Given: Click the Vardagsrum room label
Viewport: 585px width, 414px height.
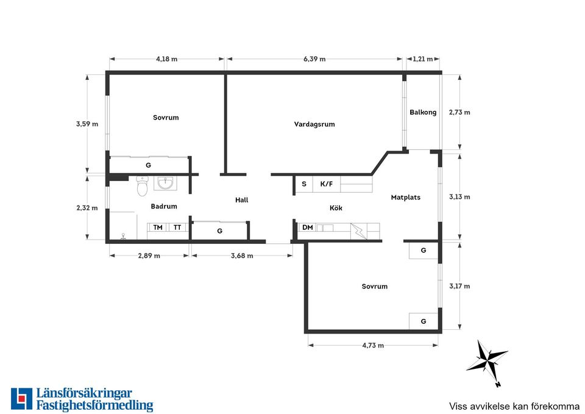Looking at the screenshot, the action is pyautogui.click(x=314, y=124).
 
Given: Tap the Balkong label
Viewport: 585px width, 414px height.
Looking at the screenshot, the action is pyautogui.click(x=423, y=112).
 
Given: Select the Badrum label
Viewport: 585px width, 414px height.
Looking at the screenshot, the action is pyautogui.click(x=164, y=206).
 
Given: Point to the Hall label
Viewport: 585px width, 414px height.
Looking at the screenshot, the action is pyautogui.click(x=242, y=200).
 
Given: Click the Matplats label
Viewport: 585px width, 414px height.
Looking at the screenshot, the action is pyautogui.click(x=406, y=198).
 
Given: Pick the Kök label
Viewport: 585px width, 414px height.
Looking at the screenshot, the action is pyautogui.click(x=336, y=208).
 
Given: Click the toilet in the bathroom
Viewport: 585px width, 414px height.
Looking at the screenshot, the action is pyautogui.click(x=142, y=186).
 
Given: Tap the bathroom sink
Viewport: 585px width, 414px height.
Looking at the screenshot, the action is pyautogui.click(x=166, y=184).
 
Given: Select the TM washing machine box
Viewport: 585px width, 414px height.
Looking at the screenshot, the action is pyautogui.click(x=157, y=227).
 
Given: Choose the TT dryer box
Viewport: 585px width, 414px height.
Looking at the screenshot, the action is pyautogui.click(x=177, y=227).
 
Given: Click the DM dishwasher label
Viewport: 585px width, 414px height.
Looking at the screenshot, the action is pyautogui.click(x=307, y=227).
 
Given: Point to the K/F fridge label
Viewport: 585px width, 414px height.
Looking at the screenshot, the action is pyautogui.click(x=327, y=184).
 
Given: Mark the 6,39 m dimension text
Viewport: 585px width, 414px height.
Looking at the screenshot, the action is pyautogui.click(x=314, y=59).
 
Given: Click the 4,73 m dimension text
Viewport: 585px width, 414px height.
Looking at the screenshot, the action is pyautogui.click(x=373, y=345).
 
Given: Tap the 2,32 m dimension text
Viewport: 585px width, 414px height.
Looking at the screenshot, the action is pyautogui.click(x=87, y=208).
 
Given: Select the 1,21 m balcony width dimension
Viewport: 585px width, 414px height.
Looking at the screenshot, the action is pyautogui.click(x=423, y=59).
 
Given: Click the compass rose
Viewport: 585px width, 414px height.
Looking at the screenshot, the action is pyautogui.click(x=487, y=362).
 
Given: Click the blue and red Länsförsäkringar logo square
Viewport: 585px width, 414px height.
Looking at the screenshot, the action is pyautogui.click(x=22, y=399).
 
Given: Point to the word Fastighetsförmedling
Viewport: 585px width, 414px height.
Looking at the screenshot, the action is pyautogui.click(x=95, y=405).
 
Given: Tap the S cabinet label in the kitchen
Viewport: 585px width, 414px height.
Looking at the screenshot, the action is pyautogui.click(x=304, y=184).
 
